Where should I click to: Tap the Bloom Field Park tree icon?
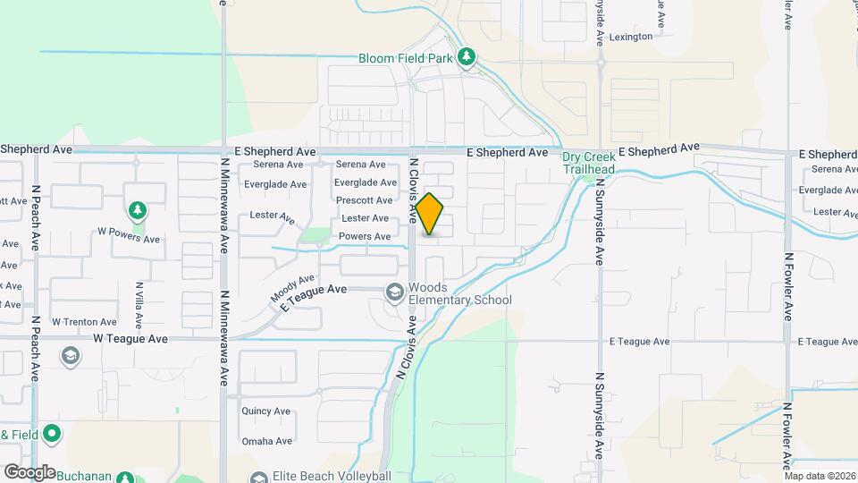click(466, 58)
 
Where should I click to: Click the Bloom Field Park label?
click(406, 59)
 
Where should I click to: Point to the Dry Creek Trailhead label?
click(588, 163)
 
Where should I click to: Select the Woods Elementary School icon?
click(394, 292)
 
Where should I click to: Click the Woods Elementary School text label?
click(459, 293)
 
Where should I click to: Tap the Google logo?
click(29, 471)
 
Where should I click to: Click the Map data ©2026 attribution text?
click(820, 476)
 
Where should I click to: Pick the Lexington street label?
click(632, 38)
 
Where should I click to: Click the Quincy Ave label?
click(265, 411)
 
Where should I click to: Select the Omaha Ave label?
click(266, 441)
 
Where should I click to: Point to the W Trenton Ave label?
click(84, 322)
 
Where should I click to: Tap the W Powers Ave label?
click(129, 239)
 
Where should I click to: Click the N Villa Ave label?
click(139, 303)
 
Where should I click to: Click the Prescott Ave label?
click(364, 200)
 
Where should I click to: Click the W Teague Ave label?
click(131, 339)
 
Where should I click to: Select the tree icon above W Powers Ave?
click(137, 211)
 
